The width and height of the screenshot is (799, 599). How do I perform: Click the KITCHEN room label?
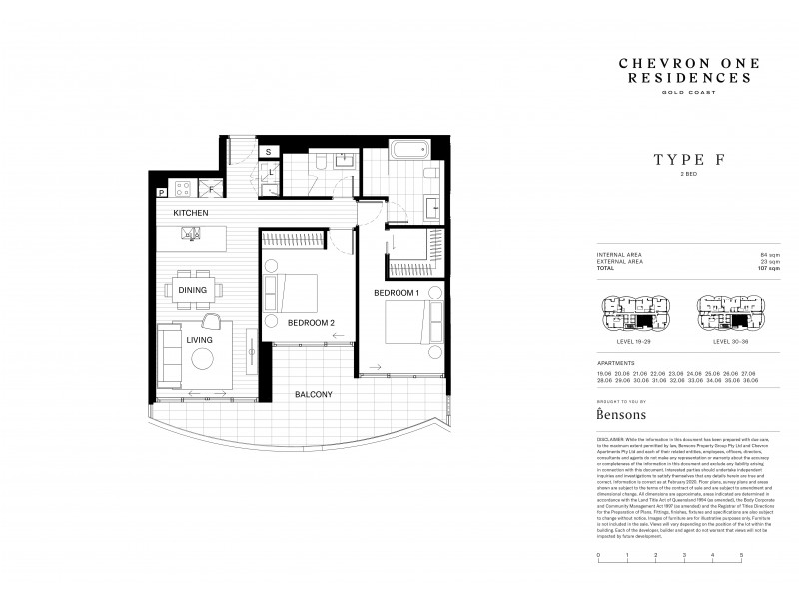189,214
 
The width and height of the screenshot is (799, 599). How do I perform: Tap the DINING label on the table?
193,290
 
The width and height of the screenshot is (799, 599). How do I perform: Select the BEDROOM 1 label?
396,292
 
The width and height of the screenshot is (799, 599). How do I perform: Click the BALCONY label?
313,394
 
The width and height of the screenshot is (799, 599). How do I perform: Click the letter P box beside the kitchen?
160,191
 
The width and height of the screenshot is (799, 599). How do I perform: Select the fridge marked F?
211,188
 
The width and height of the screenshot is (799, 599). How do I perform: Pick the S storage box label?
268,152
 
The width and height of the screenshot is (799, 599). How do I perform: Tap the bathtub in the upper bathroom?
406,156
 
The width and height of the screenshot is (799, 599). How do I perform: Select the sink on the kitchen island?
188,234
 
